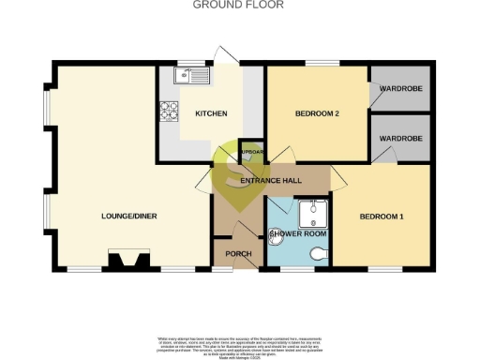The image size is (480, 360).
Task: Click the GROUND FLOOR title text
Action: pyautogui.click(x=239, y=5)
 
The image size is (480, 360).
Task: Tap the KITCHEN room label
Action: pyautogui.click(x=211, y=113)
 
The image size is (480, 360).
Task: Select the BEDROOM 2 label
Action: pyautogui.click(x=316, y=113)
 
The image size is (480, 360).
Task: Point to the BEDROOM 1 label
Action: pyautogui.click(x=382, y=217)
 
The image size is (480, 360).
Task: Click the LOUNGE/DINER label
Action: pyautogui.click(x=127, y=217)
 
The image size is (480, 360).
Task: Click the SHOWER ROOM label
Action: pyautogui.click(x=297, y=232)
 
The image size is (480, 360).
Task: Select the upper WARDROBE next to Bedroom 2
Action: pyautogui.click(x=400, y=90)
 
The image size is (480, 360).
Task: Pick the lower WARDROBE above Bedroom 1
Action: pyautogui.click(x=400, y=138)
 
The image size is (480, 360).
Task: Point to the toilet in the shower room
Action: pyautogui.click(x=319, y=253)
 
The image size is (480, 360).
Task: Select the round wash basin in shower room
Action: pyautogui.click(x=277, y=241)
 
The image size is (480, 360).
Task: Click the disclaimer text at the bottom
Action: pyautogui.click(x=239, y=344)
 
